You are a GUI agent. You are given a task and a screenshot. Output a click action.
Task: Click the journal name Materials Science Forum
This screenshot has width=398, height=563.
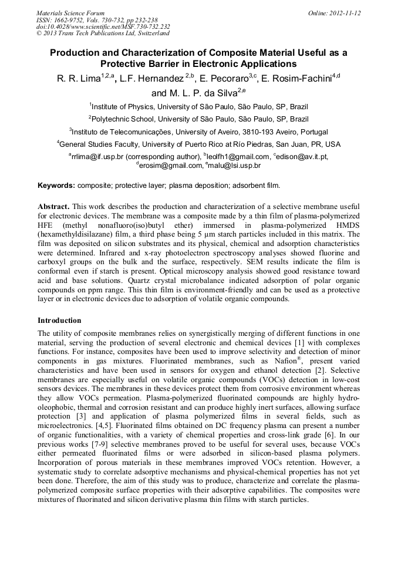pos(70,12)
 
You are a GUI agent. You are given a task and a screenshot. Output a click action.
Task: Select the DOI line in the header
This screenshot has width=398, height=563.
pos(103,26)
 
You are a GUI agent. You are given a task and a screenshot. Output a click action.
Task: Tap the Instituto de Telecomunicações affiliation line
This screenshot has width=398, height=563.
pos(198,132)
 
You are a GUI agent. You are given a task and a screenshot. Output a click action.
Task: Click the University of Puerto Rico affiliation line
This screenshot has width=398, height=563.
pos(198,144)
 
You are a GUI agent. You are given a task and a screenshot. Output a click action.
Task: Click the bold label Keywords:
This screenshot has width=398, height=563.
pos(56,186)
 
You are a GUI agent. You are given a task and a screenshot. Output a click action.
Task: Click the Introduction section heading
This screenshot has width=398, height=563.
pos(59,321)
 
